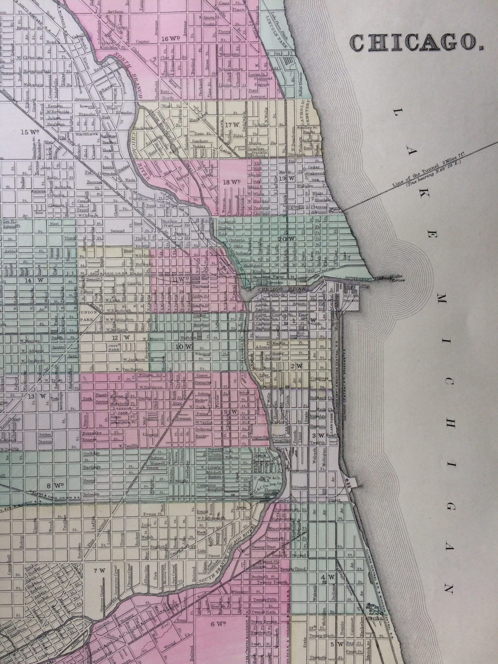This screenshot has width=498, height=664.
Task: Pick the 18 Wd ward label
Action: pos(232,182)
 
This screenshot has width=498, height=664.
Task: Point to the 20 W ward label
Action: pos(285,239)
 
